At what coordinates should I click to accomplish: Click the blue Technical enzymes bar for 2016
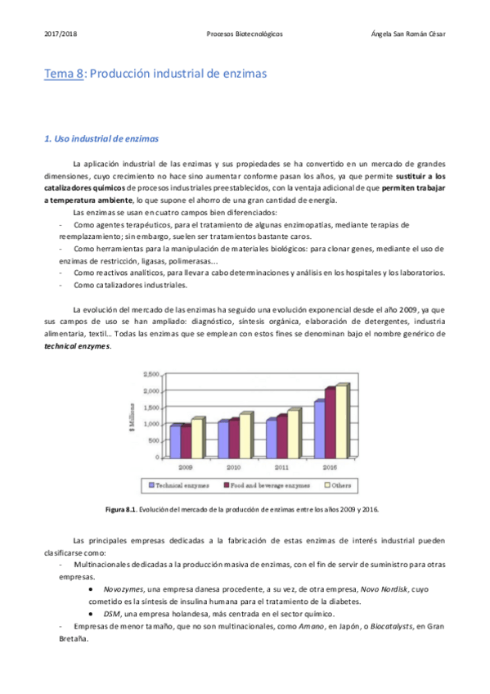(x=319, y=429)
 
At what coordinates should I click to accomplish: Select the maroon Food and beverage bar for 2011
(x=282, y=436)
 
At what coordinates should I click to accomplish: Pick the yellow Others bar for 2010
(x=245, y=435)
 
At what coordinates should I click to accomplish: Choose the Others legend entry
(x=336, y=485)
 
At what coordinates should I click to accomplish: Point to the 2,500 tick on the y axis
(x=151, y=374)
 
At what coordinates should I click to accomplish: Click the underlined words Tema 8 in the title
(x=64, y=74)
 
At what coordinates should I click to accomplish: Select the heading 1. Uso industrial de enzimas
(x=101, y=138)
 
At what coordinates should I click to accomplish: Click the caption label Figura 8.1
(x=122, y=510)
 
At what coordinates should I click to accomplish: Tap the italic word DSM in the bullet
(x=112, y=614)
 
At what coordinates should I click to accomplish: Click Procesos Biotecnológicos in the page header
(x=245, y=34)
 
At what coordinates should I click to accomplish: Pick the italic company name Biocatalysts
(x=387, y=626)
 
